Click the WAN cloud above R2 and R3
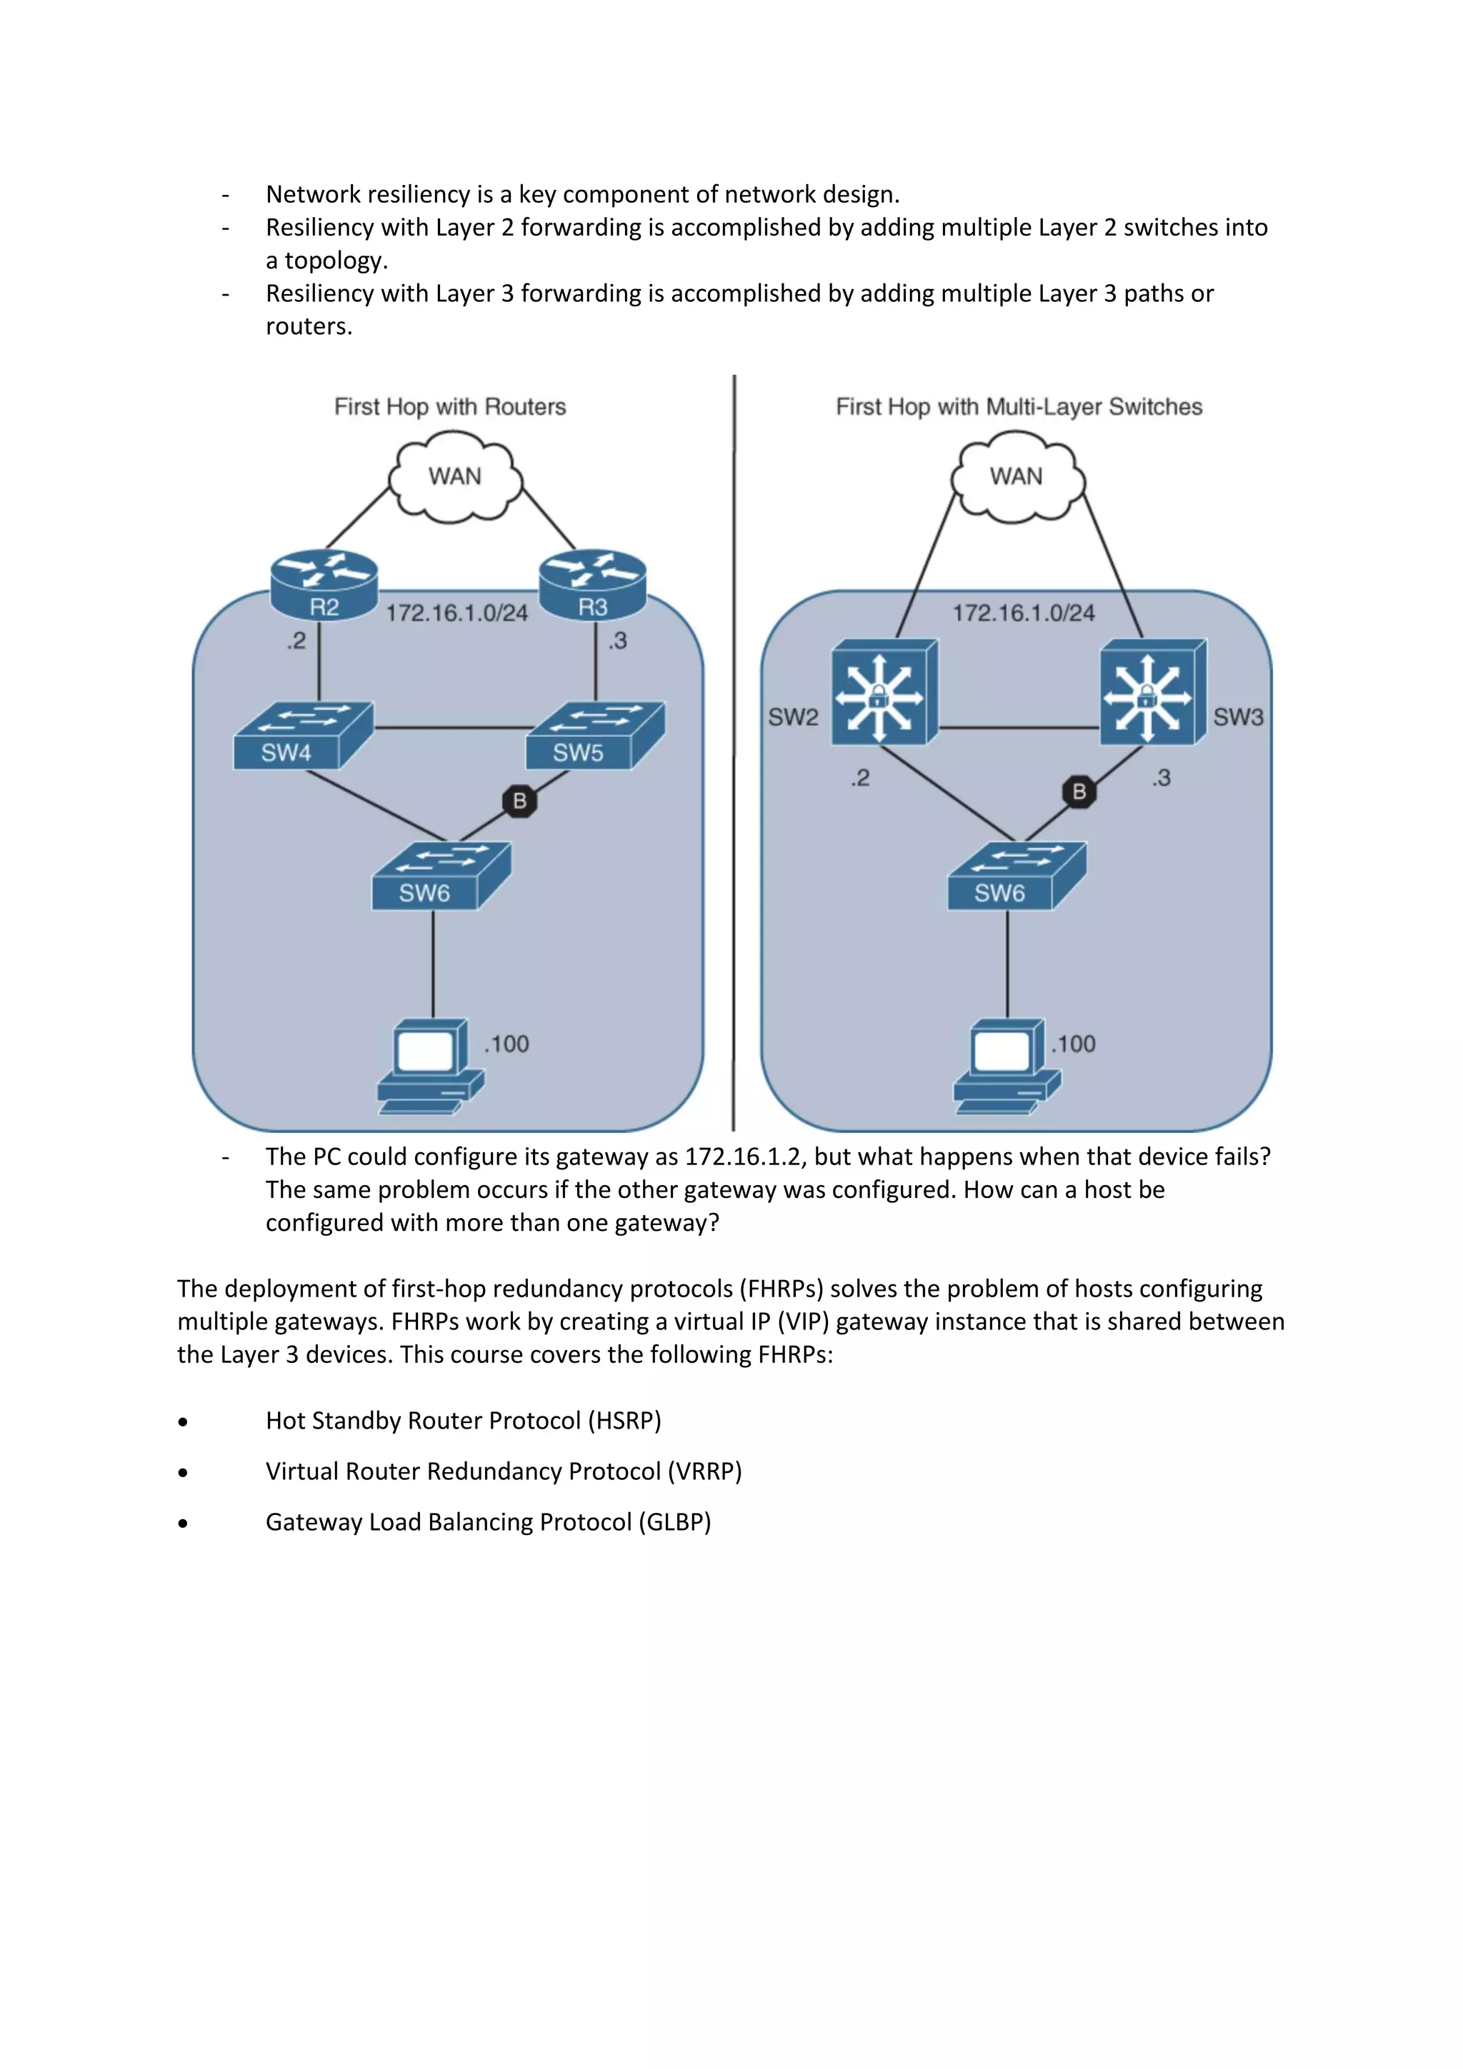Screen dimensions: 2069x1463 [454, 477]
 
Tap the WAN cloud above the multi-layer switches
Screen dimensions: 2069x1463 [1017, 477]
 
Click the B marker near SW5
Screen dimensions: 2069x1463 [519, 800]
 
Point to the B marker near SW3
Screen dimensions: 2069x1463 [1079, 791]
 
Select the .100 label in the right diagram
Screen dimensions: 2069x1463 [1074, 1044]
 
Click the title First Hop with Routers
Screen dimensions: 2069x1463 [450, 408]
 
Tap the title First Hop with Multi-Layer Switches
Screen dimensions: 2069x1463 [1019, 408]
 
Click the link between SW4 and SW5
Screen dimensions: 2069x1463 [451, 728]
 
